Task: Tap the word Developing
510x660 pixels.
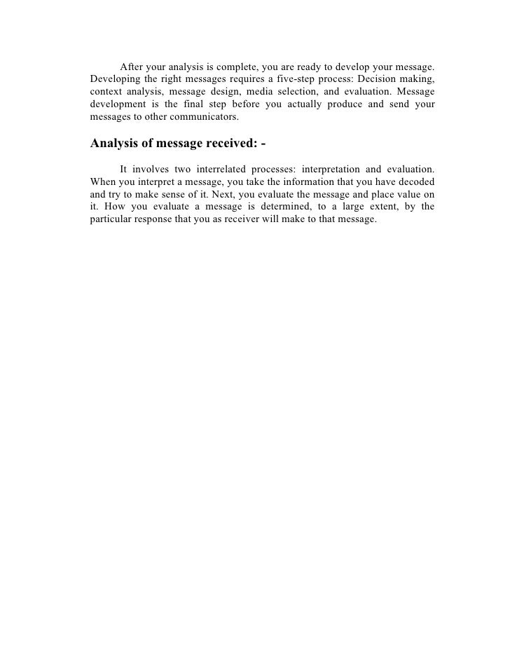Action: [x=116, y=79]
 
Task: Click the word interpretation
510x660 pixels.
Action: [x=333, y=169]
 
